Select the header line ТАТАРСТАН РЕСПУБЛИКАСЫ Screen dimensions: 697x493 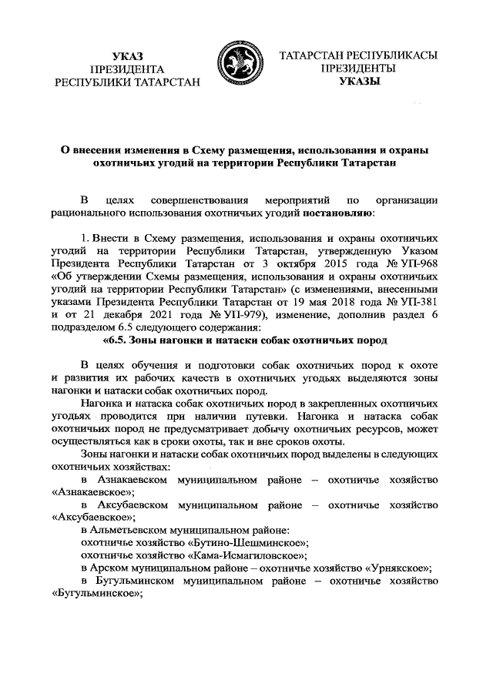359,56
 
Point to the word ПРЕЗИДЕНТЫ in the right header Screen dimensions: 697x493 359,69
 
